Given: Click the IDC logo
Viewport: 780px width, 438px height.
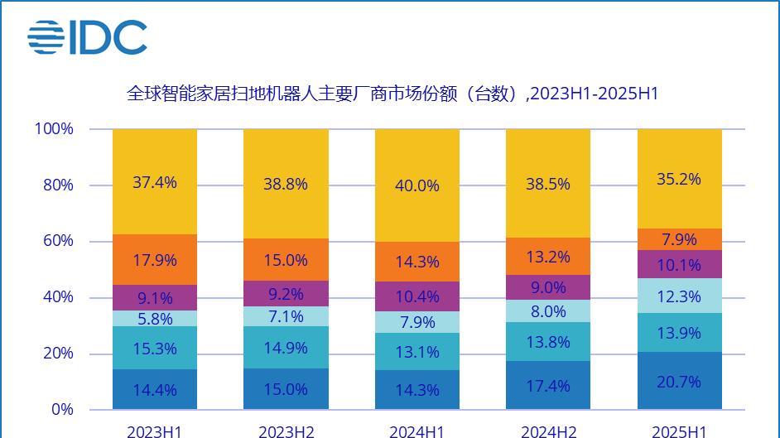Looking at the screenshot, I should click(x=87, y=37).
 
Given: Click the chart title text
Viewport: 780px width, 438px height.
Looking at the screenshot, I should click(x=392, y=94).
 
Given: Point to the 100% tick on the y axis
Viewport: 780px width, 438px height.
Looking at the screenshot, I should click(x=54, y=129).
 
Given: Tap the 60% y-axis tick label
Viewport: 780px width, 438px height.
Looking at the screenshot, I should click(x=58, y=241).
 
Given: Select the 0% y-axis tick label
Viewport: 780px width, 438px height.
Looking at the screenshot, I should click(x=62, y=409).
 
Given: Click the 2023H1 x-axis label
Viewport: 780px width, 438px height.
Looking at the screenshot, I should click(x=155, y=431).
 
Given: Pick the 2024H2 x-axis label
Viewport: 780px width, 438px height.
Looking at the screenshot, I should click(x=548, y=431).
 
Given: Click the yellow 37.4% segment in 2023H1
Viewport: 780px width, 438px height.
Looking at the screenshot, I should click(x=155, y=182).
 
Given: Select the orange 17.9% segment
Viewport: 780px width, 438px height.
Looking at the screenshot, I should click(x=155, y=260).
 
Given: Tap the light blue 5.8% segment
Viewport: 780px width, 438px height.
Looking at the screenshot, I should click(x=155, y=319).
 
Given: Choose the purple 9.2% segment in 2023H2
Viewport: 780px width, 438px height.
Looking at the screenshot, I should click(x=286, y=293).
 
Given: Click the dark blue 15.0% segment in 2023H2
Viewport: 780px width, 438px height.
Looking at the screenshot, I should click(x=286, y=389).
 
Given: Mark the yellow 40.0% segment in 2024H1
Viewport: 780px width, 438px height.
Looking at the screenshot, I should click(x=416, y=185).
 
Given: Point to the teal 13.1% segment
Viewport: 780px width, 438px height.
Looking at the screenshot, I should click(x=416, y=352).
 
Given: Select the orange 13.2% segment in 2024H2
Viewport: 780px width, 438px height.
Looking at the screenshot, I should click(x=548, y=257).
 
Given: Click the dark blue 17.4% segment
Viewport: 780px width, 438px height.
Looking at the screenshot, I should click(x=548, y=385).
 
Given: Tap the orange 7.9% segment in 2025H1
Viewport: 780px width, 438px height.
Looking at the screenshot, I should click(x=679, y=239).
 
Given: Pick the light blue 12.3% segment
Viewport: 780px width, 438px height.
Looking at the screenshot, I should click(x=679, y=296).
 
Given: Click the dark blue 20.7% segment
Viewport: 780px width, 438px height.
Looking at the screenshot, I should click(x=679, y=381).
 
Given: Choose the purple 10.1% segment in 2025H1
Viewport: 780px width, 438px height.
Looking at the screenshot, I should click(x=679, y=265).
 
